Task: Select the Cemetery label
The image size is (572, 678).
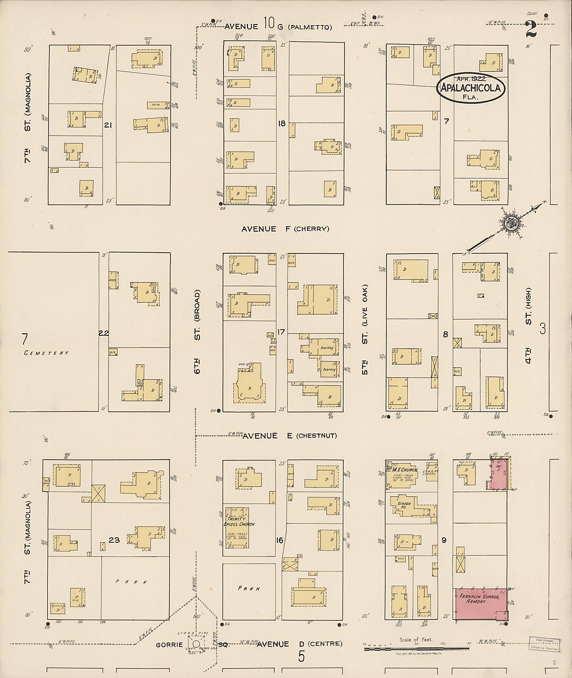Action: click(x=46, y=353)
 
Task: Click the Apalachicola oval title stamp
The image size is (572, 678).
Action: click(x=471, y=88)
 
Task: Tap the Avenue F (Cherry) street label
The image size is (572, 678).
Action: click(x=285, y=229)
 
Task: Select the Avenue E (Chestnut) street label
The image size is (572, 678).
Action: click(x=290, y=436)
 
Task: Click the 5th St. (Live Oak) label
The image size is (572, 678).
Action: click(x=365, y=330)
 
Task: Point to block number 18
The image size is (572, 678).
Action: click(x=282, y=123)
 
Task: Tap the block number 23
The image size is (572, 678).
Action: click(x=114, y=540)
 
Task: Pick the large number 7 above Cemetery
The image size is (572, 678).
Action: click(x=25, y=339)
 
